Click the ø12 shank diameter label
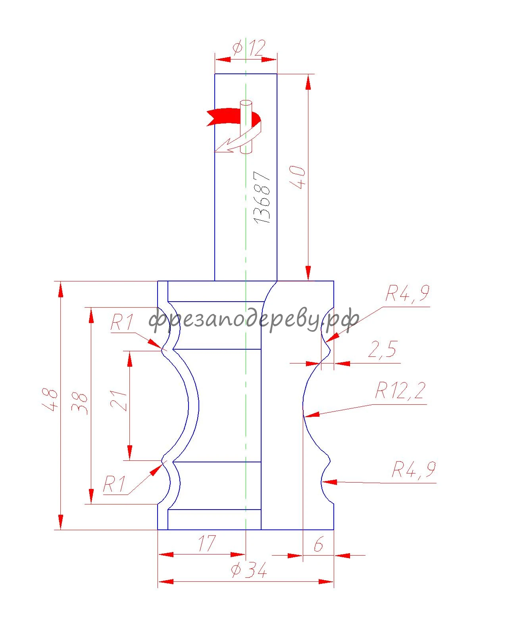pos(249,48)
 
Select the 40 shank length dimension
pos(298,177)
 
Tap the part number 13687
pos(262,197)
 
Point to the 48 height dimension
pos(50,399)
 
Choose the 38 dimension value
pos(80,403)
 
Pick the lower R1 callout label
pos(114,484)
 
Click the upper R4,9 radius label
pos(407,293)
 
